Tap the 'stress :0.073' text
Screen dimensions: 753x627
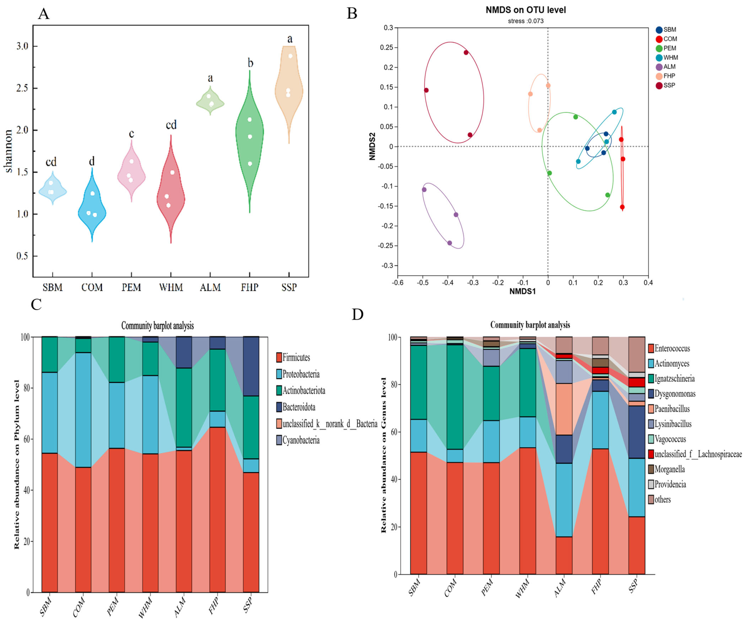[526, 21]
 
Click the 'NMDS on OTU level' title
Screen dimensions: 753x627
[526, 10]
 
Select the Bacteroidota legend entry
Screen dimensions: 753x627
[296, 407]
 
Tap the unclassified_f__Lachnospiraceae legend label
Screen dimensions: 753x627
[698, 454]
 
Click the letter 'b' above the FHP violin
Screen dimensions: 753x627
[250, 63]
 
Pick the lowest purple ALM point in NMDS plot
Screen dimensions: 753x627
[449, 243]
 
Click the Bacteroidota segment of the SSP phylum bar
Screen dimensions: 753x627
[251, 366]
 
